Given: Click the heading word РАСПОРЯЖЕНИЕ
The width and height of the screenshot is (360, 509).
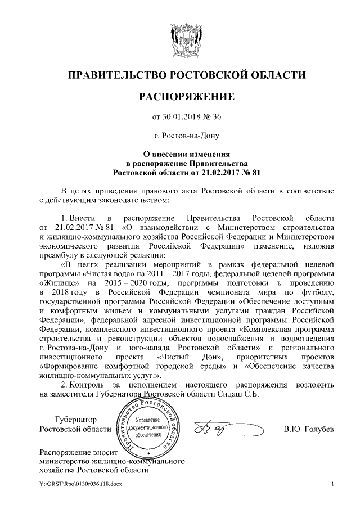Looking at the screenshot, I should coord(179,97).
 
